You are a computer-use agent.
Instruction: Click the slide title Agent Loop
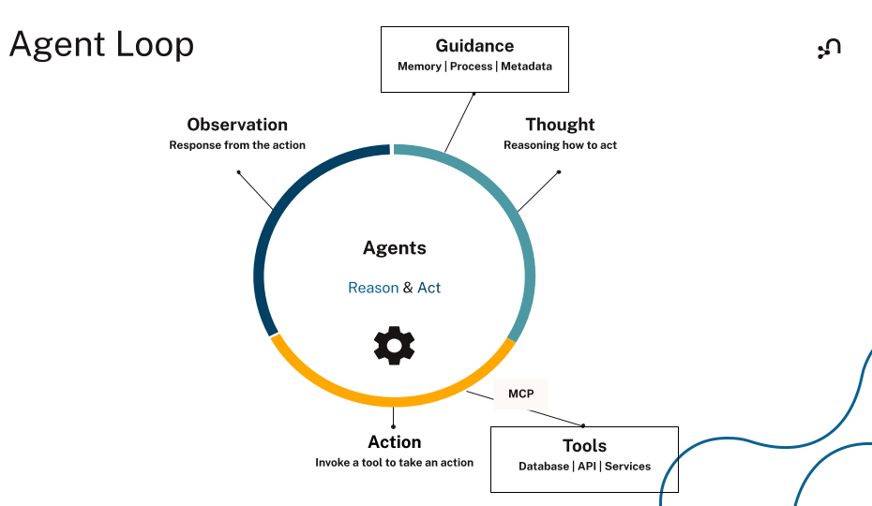click(101, 45)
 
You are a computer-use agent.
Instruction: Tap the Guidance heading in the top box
click(474, 46)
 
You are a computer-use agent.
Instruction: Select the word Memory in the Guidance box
click(419, 67)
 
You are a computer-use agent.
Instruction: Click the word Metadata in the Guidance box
click(526, 67)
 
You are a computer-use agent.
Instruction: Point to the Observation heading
click(237, 125)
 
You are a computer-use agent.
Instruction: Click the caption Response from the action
click(237, 145)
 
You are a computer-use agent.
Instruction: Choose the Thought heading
click(560, 125)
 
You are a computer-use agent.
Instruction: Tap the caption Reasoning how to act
click(560, 145)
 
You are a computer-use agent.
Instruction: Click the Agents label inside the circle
click(395, 248)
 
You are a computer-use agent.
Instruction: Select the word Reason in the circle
click(373, 288)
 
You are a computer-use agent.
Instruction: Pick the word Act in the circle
click(428, 288)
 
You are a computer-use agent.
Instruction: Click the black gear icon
click(394, 346)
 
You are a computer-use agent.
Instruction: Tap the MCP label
click(520, 394)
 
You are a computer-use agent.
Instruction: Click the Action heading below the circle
click(394, 442)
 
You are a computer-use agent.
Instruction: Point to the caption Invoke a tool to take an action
click(394, 463)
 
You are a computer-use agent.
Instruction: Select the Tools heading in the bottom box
click(584, 446)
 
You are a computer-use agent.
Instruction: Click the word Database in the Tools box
click(544, 467)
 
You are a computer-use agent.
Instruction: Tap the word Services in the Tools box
click(627, 467)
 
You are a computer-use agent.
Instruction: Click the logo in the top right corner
click(829, 49)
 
